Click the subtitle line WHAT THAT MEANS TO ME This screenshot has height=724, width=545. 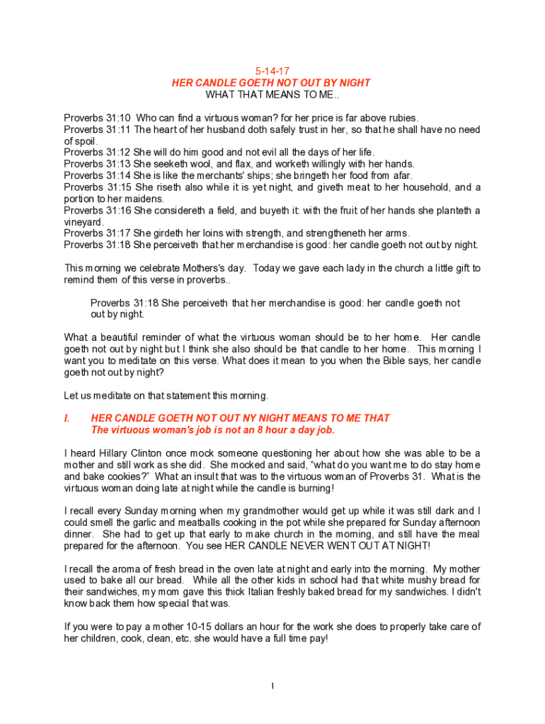click(x=272, y=94)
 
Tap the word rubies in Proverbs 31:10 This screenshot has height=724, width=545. click(x=402, y=117)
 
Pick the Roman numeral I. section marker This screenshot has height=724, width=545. click(x=67, y=418)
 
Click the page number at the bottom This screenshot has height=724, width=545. click(x=272, y=685)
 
